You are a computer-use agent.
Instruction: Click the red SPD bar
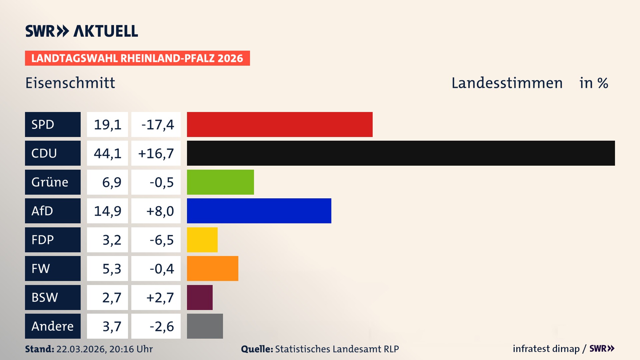(279, 124)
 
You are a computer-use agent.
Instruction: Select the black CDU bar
(401, 153)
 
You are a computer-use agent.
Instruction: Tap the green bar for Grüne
(220, 182)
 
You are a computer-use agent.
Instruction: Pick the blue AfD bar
(259, 211)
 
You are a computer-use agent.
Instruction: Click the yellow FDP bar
(202, 240)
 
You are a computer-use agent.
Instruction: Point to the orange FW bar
(212, 268)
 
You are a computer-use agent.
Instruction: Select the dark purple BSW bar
(200, 297)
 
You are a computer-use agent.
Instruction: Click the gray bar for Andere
(205, 326)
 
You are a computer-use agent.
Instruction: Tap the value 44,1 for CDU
(107, 153)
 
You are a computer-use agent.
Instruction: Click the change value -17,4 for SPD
(157, 125)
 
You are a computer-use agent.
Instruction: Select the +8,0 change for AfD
(160, 211)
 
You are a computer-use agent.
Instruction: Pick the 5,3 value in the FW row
(112, 269)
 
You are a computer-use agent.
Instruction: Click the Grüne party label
(50, 182)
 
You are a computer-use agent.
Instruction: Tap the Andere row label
(52, 326)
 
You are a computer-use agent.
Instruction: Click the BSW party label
(45, 297)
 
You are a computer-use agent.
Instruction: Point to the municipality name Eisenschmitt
(70, 83)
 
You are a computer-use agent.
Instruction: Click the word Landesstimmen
(507, 83)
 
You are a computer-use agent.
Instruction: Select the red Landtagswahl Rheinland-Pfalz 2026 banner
(137, 58)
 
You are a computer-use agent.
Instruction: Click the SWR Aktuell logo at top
(82, 31)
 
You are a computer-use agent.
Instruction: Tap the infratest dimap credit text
(546, 349)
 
